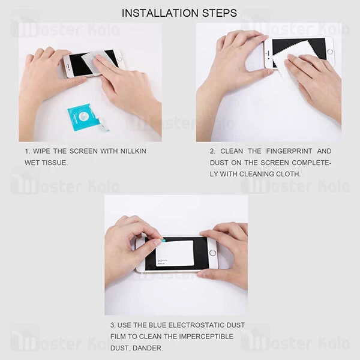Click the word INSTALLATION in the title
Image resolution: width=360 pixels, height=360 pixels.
158,13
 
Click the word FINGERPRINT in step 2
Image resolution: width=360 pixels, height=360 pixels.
283,151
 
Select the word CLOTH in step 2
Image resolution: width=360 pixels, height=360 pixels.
287,174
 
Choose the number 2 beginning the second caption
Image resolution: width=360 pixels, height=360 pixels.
212,151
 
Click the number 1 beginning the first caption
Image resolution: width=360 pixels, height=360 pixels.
27,151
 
